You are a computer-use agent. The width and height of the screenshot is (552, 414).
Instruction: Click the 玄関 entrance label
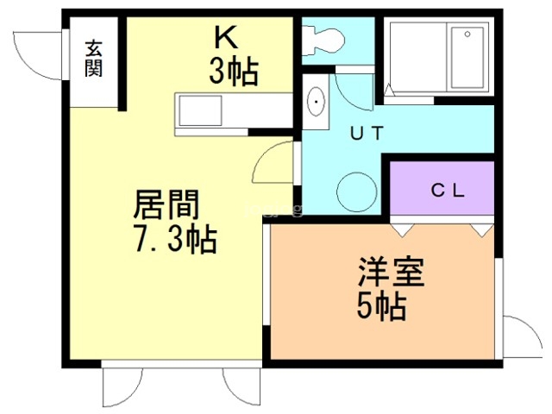[93, 59]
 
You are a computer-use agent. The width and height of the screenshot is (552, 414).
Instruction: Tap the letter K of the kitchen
[227, 38]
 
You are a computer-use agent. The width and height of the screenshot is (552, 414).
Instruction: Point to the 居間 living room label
[166, 206]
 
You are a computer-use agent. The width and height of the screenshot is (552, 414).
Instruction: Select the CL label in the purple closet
[448, 191]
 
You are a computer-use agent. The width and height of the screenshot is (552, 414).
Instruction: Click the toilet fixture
[323, 37]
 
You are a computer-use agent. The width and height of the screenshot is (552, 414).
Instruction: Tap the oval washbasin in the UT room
[316, 103]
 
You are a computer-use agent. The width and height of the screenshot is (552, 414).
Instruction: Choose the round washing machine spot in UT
[354, 191]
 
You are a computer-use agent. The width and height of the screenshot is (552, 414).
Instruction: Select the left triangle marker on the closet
[401, 230]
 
